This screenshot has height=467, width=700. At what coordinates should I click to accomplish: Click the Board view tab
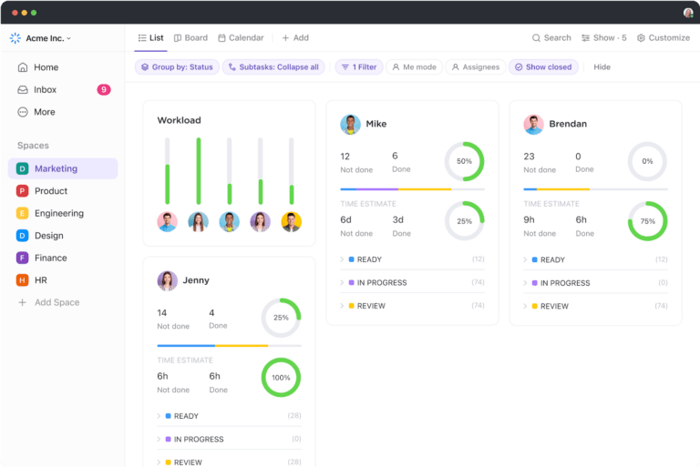190,38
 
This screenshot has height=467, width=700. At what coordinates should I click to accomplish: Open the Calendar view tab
241,38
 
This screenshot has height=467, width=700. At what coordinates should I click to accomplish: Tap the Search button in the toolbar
551,38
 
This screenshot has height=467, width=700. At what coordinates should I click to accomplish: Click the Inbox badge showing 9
104,90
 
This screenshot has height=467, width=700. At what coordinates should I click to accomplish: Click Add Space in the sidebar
57,302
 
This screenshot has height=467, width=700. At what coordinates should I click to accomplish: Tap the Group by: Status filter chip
177,67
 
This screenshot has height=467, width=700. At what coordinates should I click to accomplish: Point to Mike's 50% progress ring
464,161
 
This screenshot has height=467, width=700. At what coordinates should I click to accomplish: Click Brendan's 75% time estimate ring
647,221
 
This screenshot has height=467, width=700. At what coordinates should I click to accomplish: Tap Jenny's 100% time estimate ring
281,378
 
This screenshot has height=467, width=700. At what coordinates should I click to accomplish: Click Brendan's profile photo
533,124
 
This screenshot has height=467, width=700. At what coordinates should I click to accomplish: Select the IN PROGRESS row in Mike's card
382,283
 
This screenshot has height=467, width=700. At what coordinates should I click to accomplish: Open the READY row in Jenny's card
186,416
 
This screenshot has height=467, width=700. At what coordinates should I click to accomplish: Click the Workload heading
179,120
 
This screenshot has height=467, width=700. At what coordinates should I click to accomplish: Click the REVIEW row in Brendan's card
554,307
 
